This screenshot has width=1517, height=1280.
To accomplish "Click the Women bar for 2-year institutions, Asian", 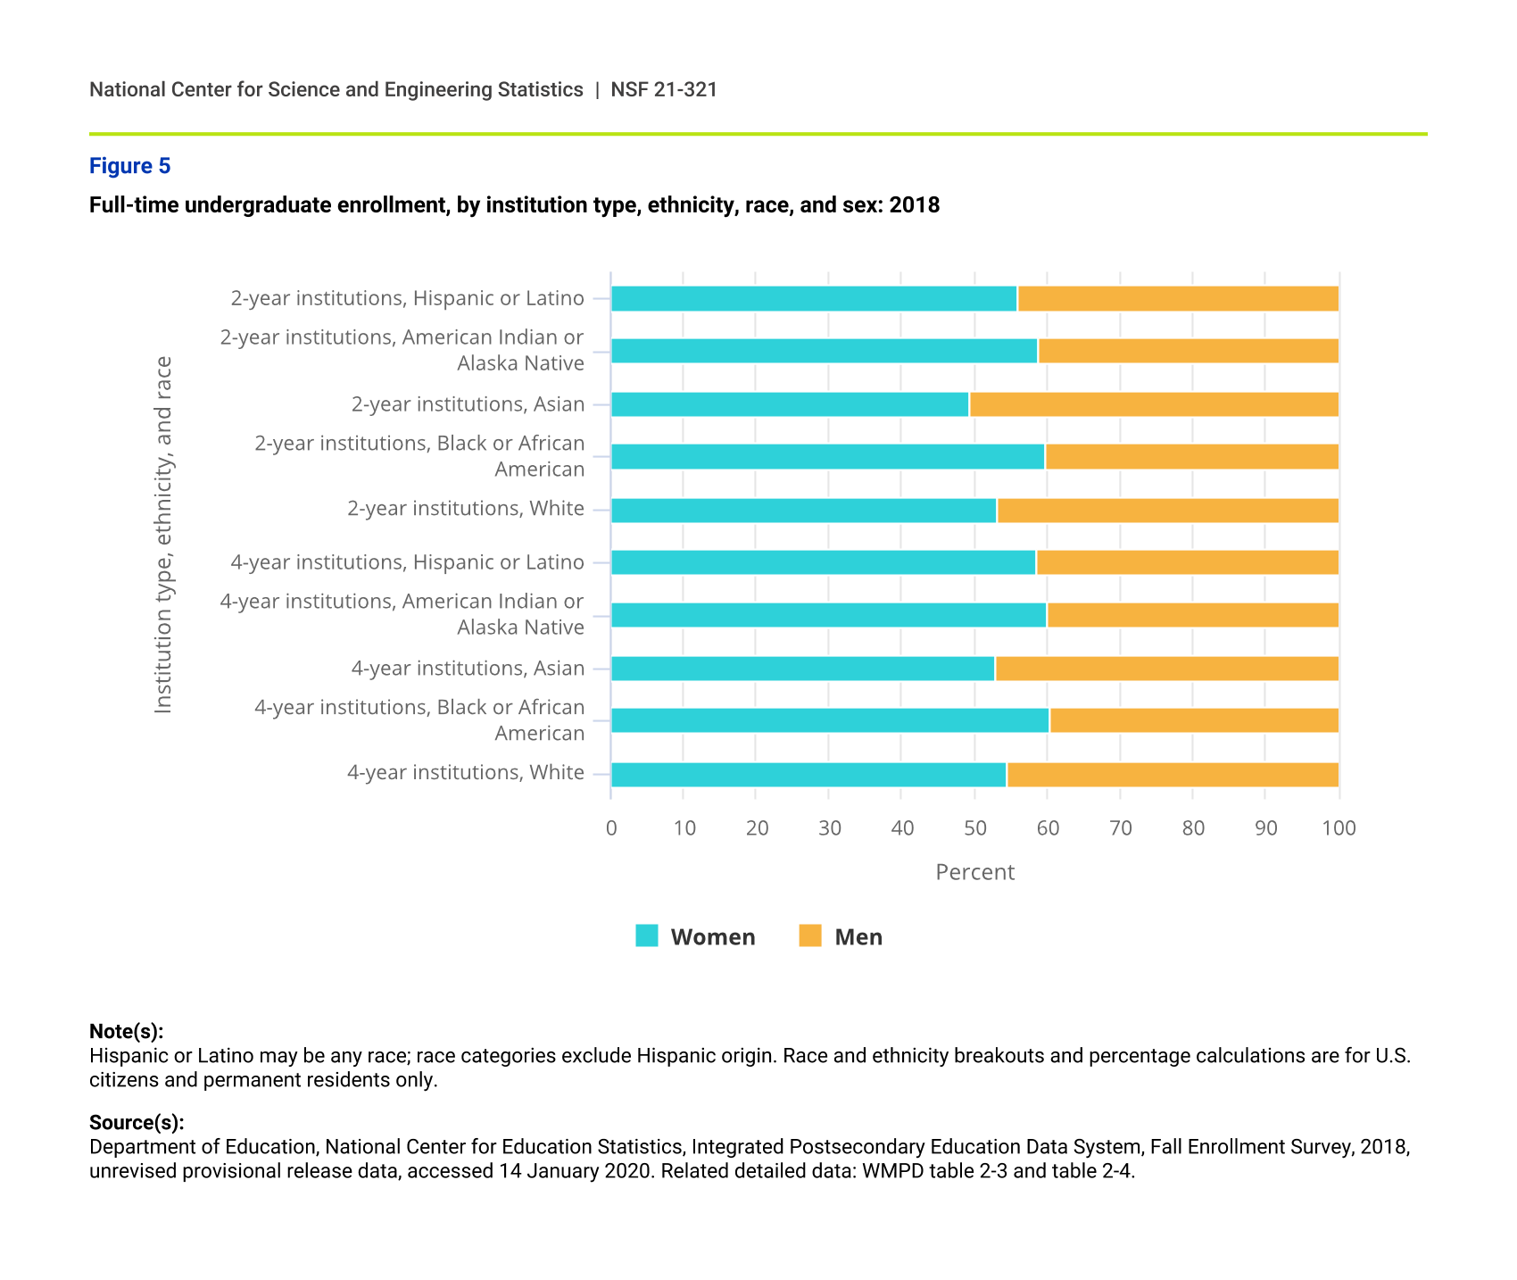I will click(x=790, y=404).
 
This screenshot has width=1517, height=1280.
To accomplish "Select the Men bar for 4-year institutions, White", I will click(x=1173, y=775).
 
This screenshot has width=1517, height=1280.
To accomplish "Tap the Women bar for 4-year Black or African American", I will click(x=830, y=720).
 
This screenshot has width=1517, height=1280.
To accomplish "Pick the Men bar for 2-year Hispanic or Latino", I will click(x=1178, y=299).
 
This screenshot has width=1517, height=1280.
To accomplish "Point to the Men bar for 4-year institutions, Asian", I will click(x=1166, y=669).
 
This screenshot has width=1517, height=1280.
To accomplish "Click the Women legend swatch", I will click(x=647, y=936).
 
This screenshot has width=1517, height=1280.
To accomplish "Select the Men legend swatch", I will click(x=810, y=936).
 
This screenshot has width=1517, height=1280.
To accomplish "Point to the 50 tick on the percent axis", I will click(x=975, y=828).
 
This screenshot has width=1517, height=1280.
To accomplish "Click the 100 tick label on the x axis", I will click(x=1339, y=828).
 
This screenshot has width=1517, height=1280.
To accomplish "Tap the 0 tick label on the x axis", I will click(x=611, y=828).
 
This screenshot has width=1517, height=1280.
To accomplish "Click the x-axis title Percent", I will click(x=974, y=872).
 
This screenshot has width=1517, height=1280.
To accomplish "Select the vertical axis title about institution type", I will click(x=163, y=535).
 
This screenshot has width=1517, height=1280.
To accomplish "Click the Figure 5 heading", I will click(x=129, y=166).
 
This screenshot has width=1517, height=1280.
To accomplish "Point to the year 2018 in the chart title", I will click(x=915, y=205).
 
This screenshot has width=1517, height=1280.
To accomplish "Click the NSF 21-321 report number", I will click(x=664, y=89).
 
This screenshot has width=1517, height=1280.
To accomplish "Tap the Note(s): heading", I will click(x=126, y=1032).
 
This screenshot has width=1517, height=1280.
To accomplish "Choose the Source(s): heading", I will click(x=137, y=1123).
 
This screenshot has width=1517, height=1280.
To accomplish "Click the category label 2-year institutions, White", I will click(x=466, y=509).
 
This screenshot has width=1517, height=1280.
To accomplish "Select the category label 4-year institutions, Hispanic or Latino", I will click(x=408, y=562).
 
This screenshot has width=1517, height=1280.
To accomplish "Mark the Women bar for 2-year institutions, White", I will click(x=803, y=511).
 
